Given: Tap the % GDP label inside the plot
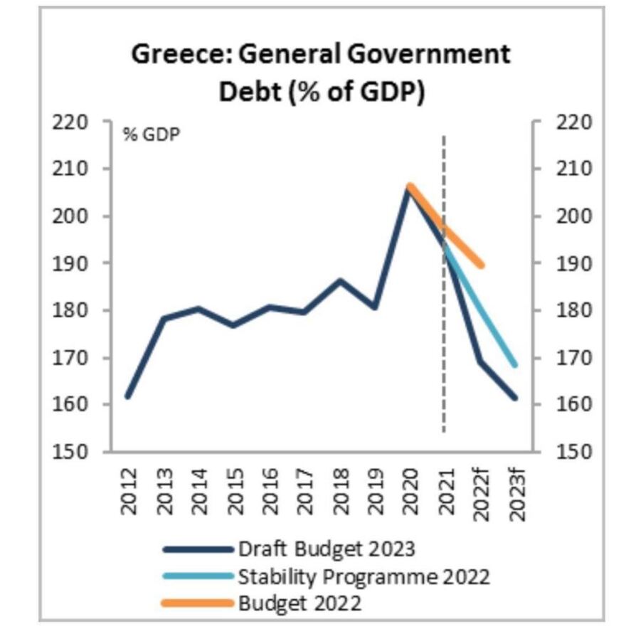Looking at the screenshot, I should pyautogui.click(x=152, y=134).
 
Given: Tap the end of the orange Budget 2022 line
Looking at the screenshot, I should pyautogui.click(x=482, y=265).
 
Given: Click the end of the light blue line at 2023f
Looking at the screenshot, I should pyautogui.click(x=514, y=365).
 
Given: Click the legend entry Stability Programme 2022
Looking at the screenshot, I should pyautogui.click(x=364, y=576).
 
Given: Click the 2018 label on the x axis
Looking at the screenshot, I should pyautogui.click(x=340, y=490).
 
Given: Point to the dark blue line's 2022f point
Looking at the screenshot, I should pyautogui.click(x=480, y=361).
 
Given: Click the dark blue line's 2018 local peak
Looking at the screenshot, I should pyautogui.click(x=340, y=280).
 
